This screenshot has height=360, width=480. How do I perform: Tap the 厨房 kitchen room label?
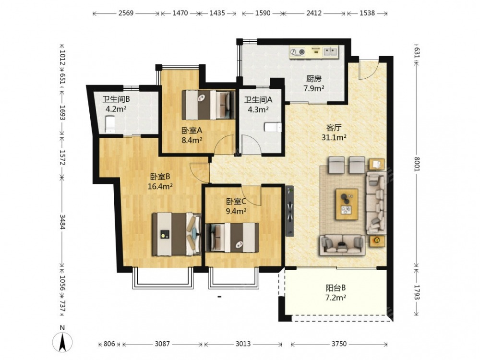coord(314,79)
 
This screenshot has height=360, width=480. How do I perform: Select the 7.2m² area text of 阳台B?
coord(336,298)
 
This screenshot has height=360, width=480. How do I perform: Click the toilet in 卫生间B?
coord(110,124)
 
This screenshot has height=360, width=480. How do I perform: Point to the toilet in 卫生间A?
coord(273,127)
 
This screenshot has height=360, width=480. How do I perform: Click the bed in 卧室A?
coord(208,105)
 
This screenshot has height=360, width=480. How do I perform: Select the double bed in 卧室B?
coord(177,234)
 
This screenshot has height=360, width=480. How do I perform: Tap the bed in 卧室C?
coord(232,238)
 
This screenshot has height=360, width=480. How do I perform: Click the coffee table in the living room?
coord(347,204)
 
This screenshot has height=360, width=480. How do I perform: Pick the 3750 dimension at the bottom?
coord(339,344)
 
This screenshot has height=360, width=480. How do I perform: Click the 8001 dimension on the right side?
coord(416,164)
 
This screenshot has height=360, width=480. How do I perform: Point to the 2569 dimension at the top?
coord(126,13)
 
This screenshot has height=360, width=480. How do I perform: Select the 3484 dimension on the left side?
coord(62,222)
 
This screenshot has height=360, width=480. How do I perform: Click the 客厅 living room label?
coord(334,127)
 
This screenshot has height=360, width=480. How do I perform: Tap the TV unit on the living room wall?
coord(289,211)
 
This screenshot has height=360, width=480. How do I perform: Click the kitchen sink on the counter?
coord(330,51)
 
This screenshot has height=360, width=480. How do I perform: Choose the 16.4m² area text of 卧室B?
coord(160,186)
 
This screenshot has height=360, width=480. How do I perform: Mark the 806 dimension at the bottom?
coord(109,344)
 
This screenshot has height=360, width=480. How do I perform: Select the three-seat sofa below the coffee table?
coord(342,245)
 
